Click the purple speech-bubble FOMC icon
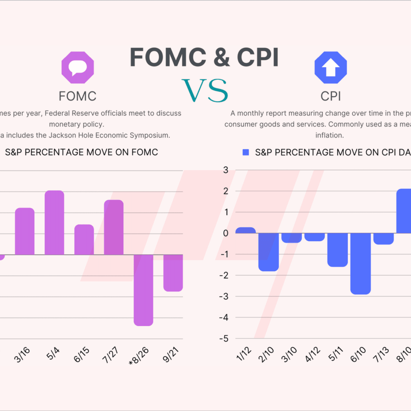(x=78, y=67)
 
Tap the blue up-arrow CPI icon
(x=331, y=67)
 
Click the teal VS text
(x=205, y=91)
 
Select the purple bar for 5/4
(x=54, y=223)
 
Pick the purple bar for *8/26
(x=144, y=290)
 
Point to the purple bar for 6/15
(x=84, y=240)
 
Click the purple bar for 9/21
(x=173, y=273)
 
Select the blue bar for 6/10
(x=360, y=263)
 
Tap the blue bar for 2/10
(x=269, y=252)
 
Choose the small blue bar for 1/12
(x=246, y=231)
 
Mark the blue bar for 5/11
(x=337, y=250)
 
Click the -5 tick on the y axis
(x=224, y=339)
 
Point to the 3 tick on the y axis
(x=226, y=170)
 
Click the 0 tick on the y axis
(x=226, y=233)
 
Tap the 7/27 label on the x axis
(x=110, y=355)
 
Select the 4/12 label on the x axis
(x=313, y=354)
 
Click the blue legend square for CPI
(x=246, y=152)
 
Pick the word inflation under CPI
(x=329, y=135)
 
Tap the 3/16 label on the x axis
(x=22, y=355)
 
